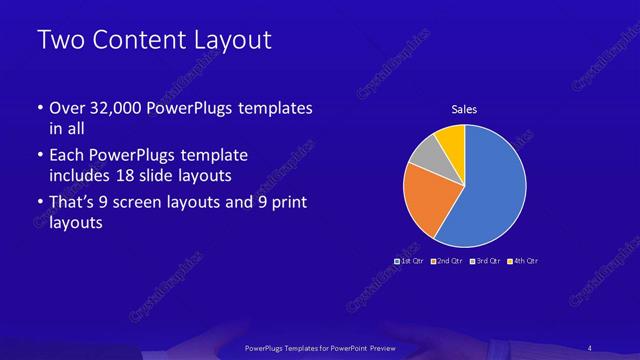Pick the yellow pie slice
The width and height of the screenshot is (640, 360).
451,138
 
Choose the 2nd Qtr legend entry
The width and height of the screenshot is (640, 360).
450,260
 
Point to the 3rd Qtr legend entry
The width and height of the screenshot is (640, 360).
488,260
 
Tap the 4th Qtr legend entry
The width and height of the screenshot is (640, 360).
526,260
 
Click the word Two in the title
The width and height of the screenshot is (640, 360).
57,41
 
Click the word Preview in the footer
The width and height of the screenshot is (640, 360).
391,347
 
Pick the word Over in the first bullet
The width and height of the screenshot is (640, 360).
68,107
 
